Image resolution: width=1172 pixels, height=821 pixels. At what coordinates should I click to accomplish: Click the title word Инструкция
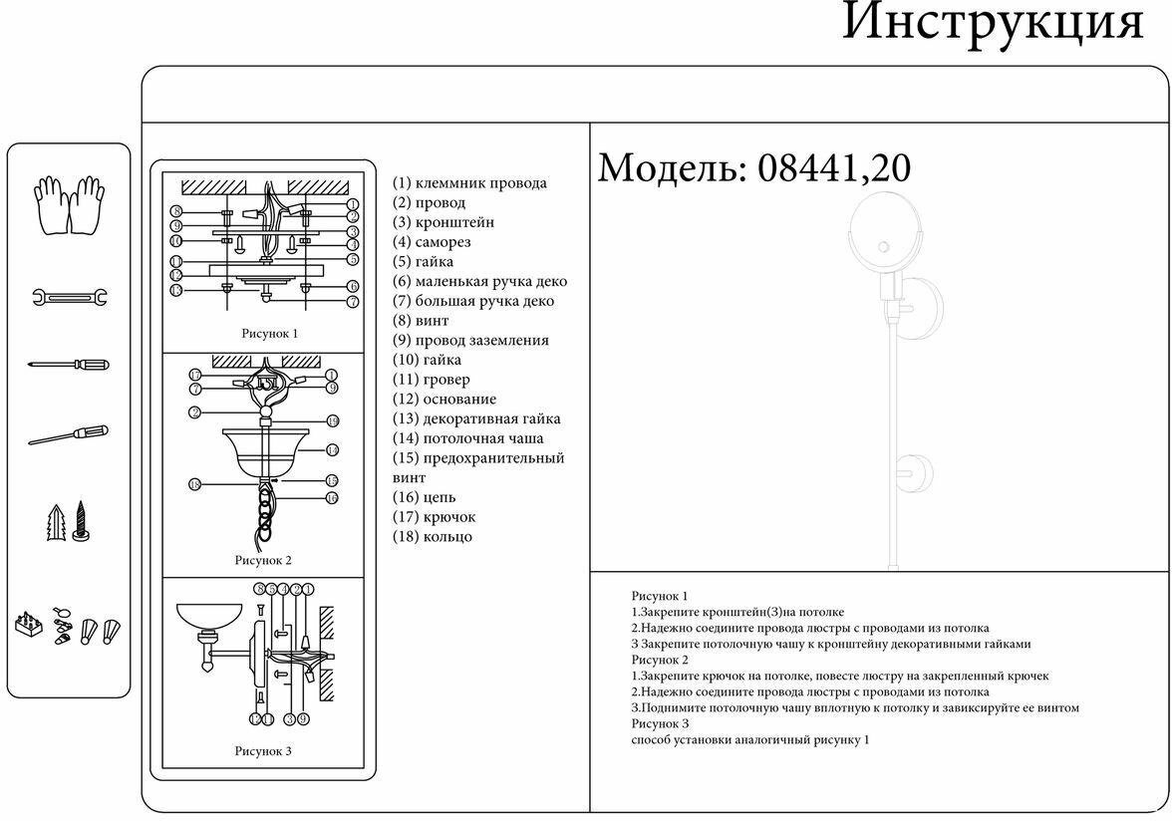point(992,22)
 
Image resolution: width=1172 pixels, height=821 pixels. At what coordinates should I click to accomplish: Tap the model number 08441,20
point(834,168)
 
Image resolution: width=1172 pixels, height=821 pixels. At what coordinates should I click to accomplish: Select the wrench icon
point(69,297)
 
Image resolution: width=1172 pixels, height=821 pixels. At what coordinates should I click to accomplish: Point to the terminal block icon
point(31,626)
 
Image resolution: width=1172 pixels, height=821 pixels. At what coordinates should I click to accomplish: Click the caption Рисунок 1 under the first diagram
point(269,334)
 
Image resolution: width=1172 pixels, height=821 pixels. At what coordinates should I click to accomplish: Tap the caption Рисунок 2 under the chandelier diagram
point(263,560)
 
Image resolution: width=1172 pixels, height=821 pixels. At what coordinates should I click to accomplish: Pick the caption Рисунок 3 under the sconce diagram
point(263,751)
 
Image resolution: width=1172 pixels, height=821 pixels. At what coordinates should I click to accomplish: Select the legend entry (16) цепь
point(425,497)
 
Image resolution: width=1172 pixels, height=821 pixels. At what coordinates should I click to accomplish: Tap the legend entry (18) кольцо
point(433,536)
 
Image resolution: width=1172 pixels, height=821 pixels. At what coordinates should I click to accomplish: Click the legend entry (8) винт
point(421,321)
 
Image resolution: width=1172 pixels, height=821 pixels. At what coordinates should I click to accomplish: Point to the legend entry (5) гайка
point(424,262)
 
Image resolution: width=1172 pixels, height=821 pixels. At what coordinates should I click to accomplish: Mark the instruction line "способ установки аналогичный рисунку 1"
point(750,740)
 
